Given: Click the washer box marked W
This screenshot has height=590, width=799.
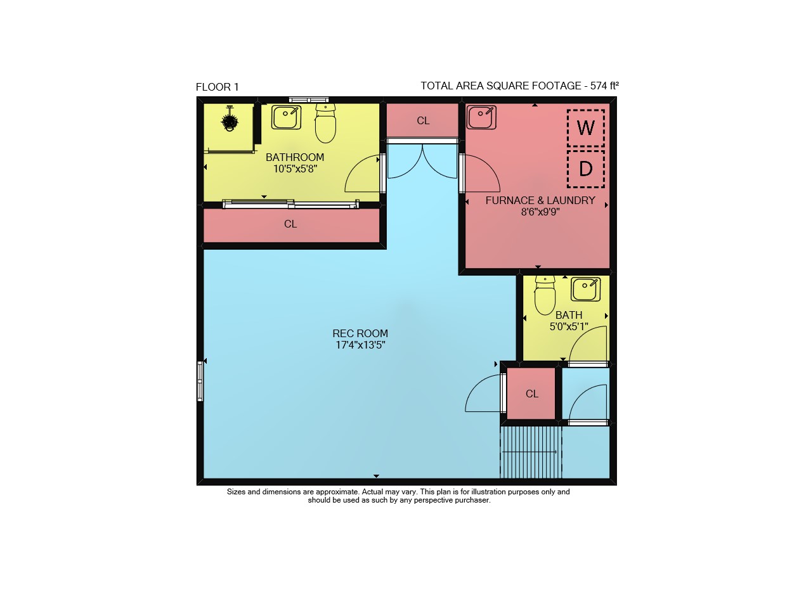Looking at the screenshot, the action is tap(586, 128).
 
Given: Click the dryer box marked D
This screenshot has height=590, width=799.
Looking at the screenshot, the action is tap(586, 169).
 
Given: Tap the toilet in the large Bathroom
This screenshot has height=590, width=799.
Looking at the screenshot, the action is tap(325, 123).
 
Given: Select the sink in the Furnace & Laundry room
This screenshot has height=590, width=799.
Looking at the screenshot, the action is tap(481, 117).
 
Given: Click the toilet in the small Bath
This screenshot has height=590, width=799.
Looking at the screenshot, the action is tap(545, 295).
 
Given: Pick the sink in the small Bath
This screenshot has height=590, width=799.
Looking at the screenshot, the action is tap(585, 289).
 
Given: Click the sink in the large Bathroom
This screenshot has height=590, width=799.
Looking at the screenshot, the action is tap(286, 117).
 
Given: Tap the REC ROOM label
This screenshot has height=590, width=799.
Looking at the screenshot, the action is tap(360, 333).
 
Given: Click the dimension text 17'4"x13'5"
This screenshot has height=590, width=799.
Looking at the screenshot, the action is tap(360, 345).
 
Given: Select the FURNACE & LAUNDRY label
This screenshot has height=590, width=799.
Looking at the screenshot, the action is tap(540, 200).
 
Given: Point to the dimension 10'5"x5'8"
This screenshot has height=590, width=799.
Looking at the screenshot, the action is tap(295, 169).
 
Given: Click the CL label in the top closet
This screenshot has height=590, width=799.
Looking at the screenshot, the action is tap(423, 120).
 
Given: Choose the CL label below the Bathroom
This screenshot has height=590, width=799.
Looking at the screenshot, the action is tap(290, 224).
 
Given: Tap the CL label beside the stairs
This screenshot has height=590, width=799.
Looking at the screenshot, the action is tap(531, 394).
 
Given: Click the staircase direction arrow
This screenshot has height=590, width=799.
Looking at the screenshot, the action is tap(529, 452).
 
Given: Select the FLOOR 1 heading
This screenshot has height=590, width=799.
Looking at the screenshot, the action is tap(218, 87).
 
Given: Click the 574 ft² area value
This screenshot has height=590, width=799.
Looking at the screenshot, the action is tap(604, 86).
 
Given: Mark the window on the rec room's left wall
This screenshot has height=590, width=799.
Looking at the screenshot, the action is tap(200, 382).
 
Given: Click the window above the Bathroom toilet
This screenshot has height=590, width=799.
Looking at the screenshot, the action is tap(309, 99).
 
